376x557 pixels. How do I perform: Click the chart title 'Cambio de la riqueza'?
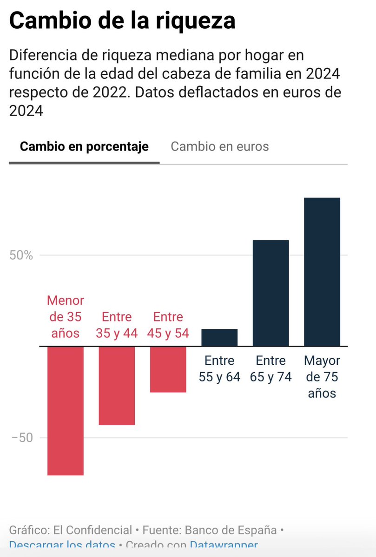pyautogui.click(x=122, y=21)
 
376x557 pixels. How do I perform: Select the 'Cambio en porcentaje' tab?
pyautogui.click(x=84, y=147)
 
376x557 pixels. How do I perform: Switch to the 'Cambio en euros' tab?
pyautogui.click(x=220, y=147)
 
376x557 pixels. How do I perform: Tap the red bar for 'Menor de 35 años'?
pyautogui.click(x=66, y=411)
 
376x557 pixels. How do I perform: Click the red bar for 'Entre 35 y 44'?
pyautogui.click(x=117, y=386)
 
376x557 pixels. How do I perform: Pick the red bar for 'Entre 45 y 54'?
pyautogui.click(x=168, y=369)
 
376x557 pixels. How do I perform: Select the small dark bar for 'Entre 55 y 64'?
pyautogui.click(x=219, y=338)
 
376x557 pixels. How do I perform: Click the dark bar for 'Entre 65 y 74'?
pyautogui.click(x=270, y=293)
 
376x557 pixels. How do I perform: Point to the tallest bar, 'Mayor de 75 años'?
pyautogui.click(x=322, y=272)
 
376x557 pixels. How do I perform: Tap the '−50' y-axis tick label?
pyautogui.click(x=21, y=438)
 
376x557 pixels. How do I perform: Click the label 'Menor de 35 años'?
pyautogui.click(x=66, y=317)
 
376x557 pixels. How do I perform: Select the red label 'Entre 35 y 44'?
pyautogui.click(x=117, y=325)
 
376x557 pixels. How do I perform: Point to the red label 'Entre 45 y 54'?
pyautogui.click(x=168, y=325)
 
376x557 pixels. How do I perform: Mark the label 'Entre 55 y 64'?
pyautogui.click(x=219, y=369)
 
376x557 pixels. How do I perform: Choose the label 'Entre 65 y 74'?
pyautogui.click(x=270, y=369)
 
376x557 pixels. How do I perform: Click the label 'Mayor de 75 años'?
pyautogui.click(x=322, y=377)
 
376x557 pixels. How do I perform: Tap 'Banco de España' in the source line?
pyautogui.click(x=231, y=530)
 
